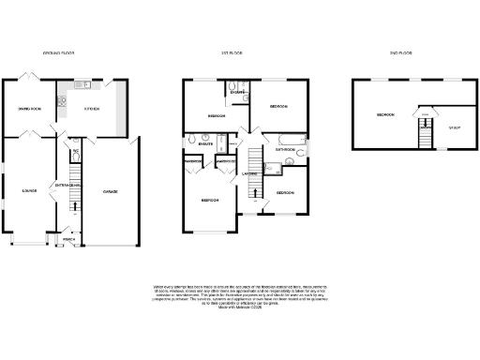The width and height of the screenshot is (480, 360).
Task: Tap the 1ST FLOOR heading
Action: point(232,53)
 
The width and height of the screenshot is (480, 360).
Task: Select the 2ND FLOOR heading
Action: point(400,53)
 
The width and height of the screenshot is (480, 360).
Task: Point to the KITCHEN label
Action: point(93,110)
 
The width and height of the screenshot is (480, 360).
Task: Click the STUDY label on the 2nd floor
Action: point(455,127)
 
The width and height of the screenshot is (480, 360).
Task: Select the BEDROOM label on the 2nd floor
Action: point(384,115)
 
